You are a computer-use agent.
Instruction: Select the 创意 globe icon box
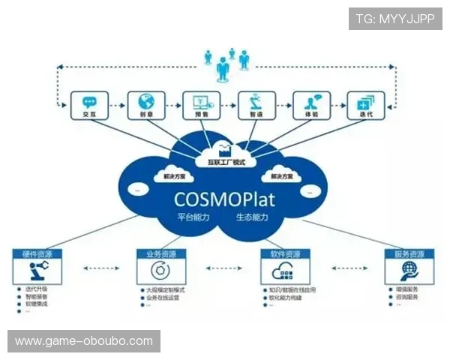(145, 106)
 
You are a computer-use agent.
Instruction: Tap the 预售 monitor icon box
(201, 106)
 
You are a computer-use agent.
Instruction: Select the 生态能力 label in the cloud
(252, 217)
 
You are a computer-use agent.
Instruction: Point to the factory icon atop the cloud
(224, 148)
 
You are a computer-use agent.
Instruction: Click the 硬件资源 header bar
(37, 254)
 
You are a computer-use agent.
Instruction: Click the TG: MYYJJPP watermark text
(395, 18)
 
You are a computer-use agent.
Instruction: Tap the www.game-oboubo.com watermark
(83, 341)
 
